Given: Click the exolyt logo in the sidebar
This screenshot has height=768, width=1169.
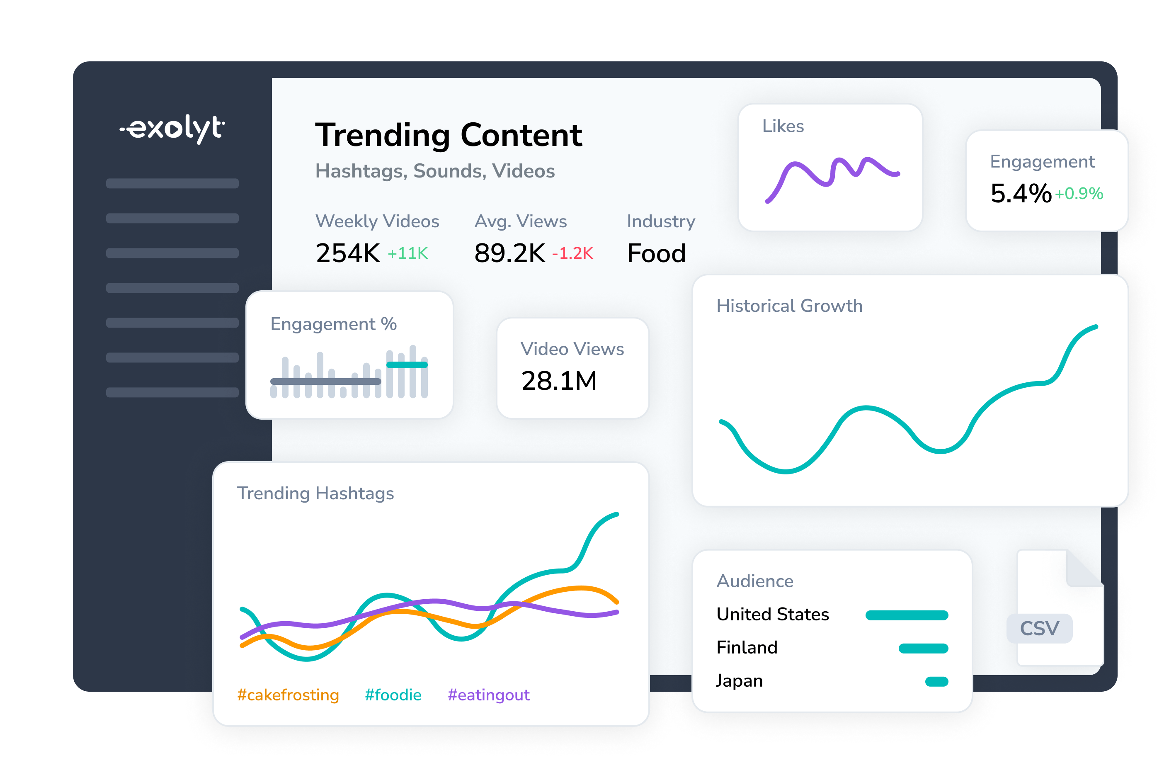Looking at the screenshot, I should click(x=172, y=129).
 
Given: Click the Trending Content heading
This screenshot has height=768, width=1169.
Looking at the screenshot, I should click(x=449, y=135).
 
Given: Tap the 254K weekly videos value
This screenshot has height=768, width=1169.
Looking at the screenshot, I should click(x=348, y=253).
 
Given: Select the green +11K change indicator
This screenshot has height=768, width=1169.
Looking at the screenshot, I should click(x=407, y=253).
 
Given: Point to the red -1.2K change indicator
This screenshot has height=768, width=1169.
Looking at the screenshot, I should click(x=572, y=253).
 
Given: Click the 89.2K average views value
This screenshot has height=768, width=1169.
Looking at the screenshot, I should click(x=509, y=253).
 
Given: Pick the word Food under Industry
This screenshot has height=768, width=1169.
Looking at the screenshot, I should click(x=656, y=253).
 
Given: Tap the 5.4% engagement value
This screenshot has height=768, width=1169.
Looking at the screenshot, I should click(x=1021, y=194).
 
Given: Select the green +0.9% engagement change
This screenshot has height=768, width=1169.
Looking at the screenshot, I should click(x=1079, y=194).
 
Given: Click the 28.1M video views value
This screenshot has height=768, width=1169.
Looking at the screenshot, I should click(x=559, y=381).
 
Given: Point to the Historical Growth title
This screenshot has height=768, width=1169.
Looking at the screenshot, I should click(x=789, y=306).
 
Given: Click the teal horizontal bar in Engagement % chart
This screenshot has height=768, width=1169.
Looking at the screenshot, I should click(x=407, y=365).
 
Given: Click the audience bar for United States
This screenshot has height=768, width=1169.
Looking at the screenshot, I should click(x=907, y=615).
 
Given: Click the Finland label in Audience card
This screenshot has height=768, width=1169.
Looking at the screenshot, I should click(x=747, y=648).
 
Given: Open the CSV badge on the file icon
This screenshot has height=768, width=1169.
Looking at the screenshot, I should click(x=1039, y=628).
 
